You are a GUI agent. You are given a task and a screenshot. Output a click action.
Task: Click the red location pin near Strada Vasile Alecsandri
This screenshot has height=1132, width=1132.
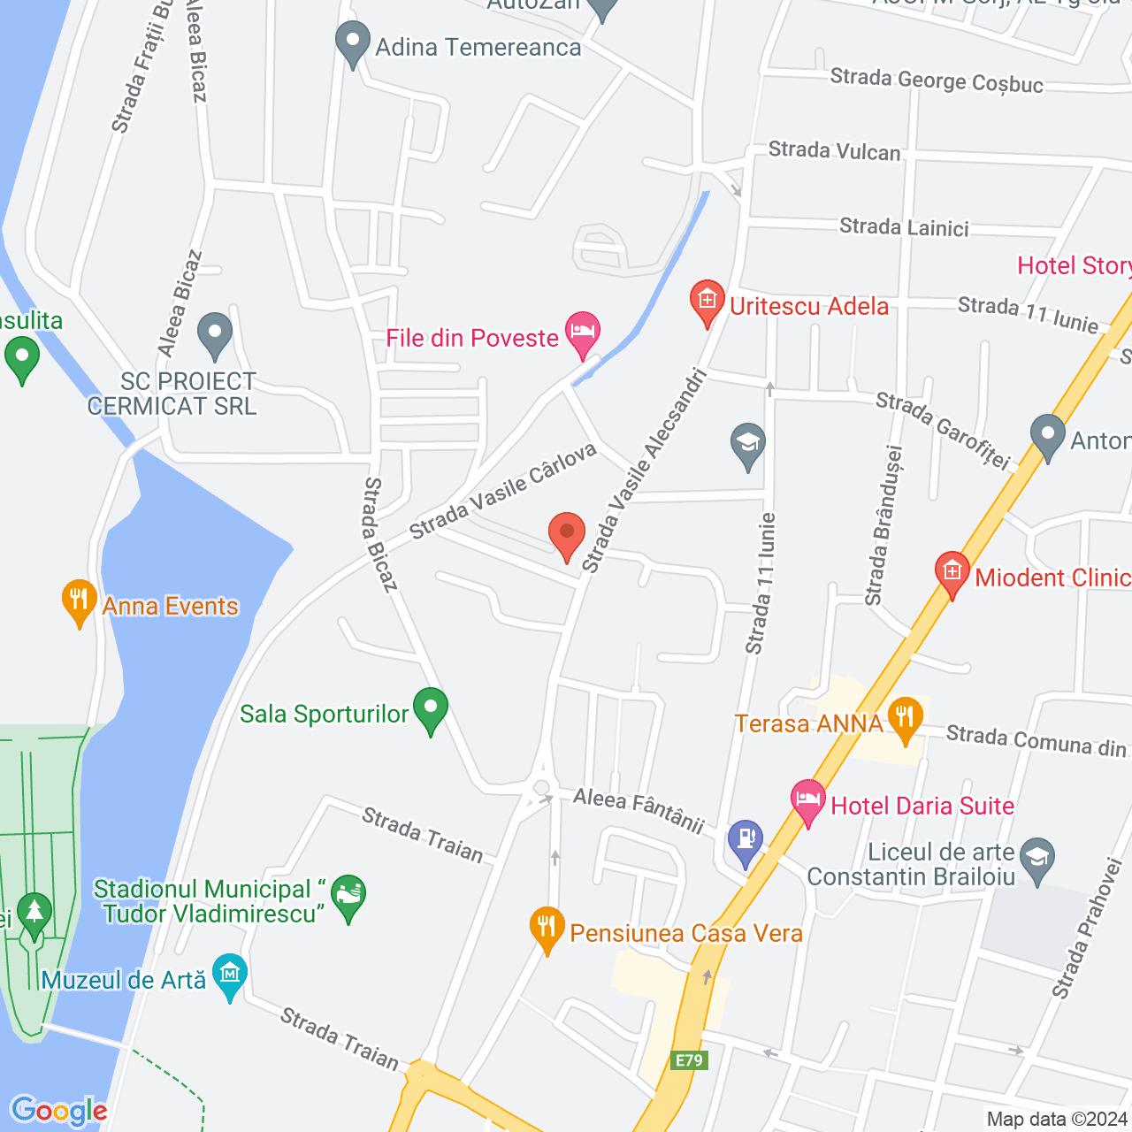[567, 534]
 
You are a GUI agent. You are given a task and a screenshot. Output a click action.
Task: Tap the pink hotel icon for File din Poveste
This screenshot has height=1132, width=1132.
[582, 333]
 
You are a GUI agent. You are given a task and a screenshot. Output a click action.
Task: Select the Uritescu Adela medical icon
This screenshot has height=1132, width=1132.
[707, 301]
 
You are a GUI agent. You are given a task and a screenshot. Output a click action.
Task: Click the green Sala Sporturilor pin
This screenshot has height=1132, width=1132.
[431, 709]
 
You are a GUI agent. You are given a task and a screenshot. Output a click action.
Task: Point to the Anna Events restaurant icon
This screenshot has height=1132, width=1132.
[79, 600]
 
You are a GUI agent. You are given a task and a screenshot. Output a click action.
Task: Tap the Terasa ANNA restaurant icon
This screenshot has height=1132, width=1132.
[905, 717]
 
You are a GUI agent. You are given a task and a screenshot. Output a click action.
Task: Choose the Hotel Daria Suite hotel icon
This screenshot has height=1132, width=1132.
[807, 800]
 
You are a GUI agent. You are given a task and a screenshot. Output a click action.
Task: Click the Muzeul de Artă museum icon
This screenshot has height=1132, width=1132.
[230, 975]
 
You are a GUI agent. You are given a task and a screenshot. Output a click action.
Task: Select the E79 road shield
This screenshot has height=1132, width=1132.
[688, 1060]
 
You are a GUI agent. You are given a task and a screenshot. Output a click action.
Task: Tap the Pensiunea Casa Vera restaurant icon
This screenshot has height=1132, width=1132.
[547, 928]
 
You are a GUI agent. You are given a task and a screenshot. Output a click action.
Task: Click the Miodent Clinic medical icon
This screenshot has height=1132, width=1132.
[952, 572]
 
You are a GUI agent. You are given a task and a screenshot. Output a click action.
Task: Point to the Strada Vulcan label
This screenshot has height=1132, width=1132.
[834, 151]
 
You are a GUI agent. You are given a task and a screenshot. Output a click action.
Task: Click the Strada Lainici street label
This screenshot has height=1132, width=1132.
[904, 227]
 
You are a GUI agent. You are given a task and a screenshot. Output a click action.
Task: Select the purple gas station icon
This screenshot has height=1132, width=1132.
[745, 840]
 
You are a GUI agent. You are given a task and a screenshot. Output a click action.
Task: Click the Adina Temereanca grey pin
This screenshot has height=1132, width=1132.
[353, 42]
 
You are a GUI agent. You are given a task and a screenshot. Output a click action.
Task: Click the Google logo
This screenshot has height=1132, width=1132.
[58, 1111]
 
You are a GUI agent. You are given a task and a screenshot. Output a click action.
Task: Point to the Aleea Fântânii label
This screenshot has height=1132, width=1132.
[638, 810]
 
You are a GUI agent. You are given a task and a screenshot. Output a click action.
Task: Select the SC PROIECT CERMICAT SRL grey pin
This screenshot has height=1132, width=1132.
[215, 333]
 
